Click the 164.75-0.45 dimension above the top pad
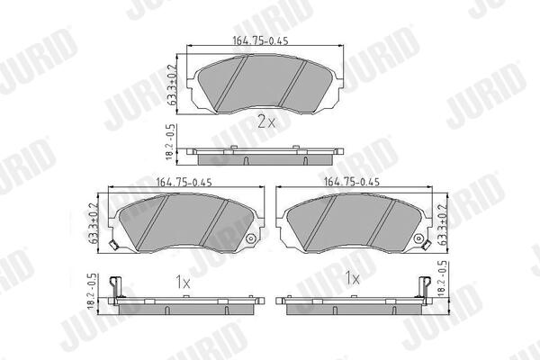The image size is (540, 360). (x=260, y=40)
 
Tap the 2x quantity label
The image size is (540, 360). (x=266, y=121)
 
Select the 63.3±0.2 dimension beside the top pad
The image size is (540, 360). (x=173, y=85)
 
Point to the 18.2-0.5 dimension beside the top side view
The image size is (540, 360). (x=171, y=142)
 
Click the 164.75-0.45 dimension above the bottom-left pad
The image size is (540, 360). (x=184, y=182)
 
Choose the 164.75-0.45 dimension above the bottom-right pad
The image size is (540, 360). (x=352, y=182)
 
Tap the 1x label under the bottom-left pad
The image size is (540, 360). (x=183, y=283)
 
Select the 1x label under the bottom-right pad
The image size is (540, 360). (x=352, y=278)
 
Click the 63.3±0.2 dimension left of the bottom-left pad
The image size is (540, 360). (x=94, y=223)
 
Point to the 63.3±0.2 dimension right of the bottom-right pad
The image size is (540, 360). (x=442, y=225)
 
